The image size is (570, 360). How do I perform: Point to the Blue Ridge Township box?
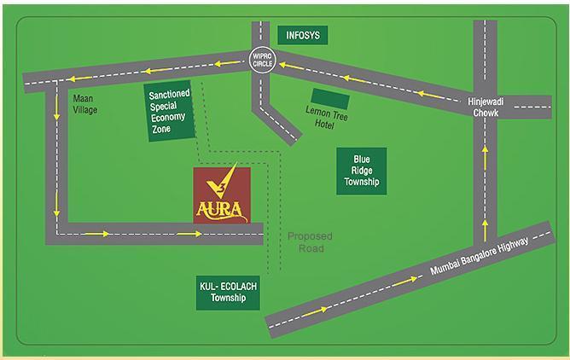(x=362, y=171)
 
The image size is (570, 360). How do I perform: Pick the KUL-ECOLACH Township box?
(x=227, y=294)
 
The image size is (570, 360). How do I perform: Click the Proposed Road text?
(x=310, y=241)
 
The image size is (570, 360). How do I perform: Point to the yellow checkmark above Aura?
(x=225, y=180)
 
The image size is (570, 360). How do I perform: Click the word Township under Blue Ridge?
(x=362, y=182)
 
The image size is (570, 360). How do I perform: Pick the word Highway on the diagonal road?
(x=512, y=248)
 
